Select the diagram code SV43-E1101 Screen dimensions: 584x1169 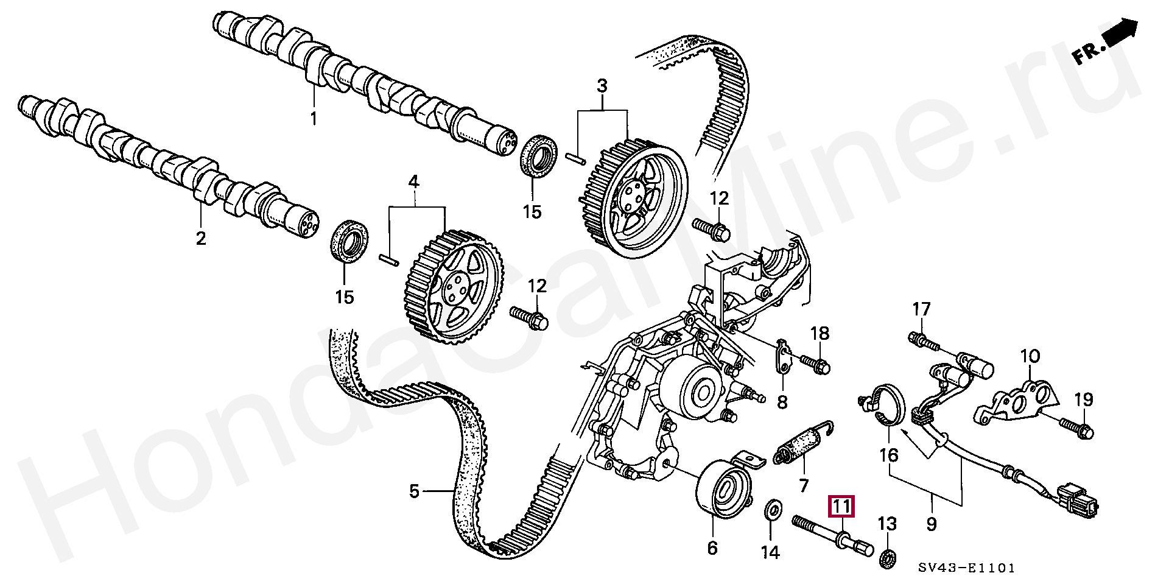tap(967, 568)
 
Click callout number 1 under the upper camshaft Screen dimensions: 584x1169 tap(314, 118)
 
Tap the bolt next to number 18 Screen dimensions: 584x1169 tap(813, 364)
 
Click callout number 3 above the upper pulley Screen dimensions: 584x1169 tap(602, 86)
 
